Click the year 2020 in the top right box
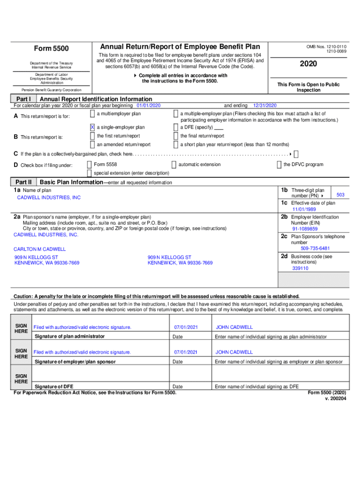click(x=309, y=64)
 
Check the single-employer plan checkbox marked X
click(x=93, y=127)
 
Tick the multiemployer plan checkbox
click(x=93, y=114)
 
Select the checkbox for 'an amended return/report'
click(x=93, y=145)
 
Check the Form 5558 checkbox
click(x=89, y=165)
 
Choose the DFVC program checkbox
click(x=279, y=165)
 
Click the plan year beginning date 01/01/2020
click(x=148, y=106)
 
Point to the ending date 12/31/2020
click(x=265, y=106)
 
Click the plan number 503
click(x=340, y=195)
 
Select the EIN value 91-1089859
click(x=305, y=229)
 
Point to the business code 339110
click(x=300, y=269)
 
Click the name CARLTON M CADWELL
click(x=40, y=249)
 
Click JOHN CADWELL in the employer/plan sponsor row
click(x=234, y=352)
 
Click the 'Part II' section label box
click(x=23, y=182)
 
